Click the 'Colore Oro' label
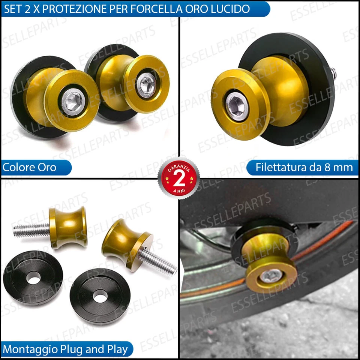(x=29, y=167)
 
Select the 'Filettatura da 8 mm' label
(x=304, y=167)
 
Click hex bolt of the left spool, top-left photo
(x=72, y=101)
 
